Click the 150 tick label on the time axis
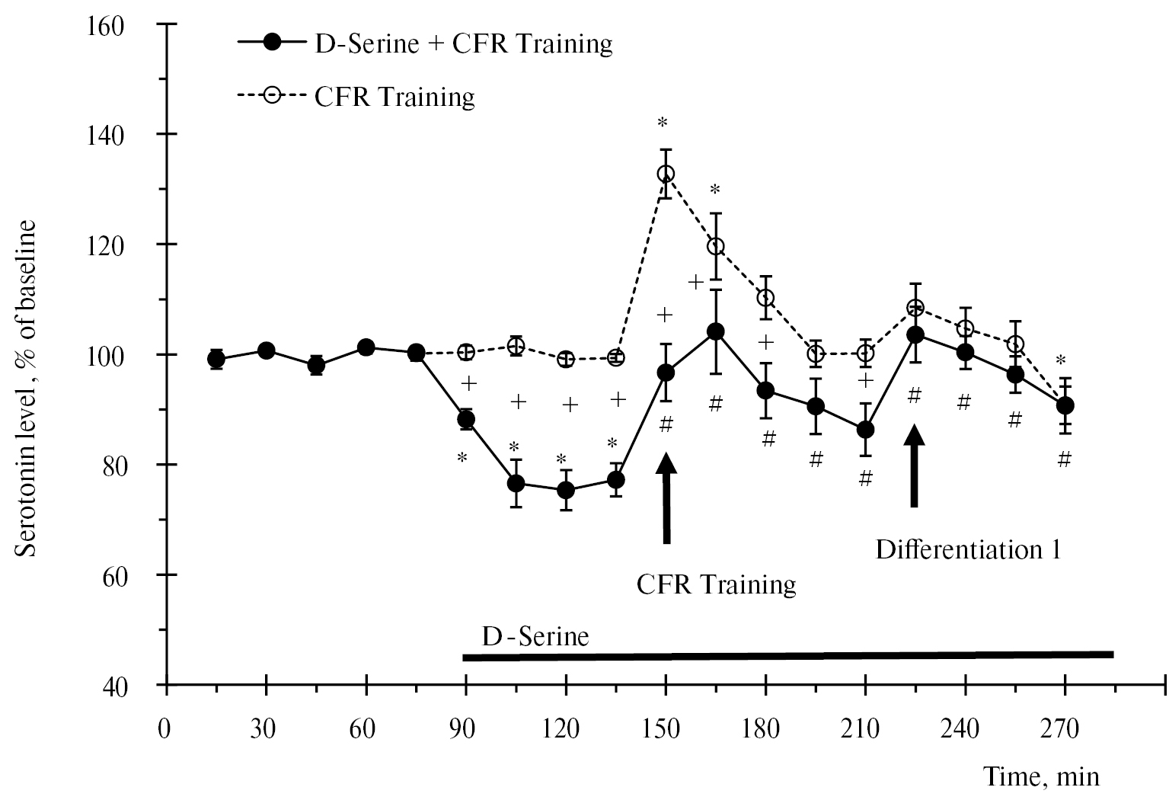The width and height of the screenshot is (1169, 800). pos(666,730)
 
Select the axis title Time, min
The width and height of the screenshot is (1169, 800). pos(1042,777)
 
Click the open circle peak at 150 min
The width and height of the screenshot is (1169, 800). pos(666,174)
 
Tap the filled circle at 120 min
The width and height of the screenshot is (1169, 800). pos(566,490)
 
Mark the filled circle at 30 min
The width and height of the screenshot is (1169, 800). pos(266,350)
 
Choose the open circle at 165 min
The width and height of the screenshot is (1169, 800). pos(715,246)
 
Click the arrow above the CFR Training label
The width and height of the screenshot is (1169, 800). pos(666,499)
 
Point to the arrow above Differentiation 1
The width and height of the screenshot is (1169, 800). pos(915,466)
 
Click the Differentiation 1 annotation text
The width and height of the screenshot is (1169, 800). pos(967,549)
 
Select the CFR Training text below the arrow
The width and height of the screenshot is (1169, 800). pos(716,585)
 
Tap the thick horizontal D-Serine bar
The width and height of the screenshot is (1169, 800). pos(787,655)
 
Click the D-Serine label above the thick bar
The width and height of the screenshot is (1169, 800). pos(535,636)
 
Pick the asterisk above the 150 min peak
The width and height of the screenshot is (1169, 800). pos(663,123)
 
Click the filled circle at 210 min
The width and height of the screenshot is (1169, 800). pos(865,430)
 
